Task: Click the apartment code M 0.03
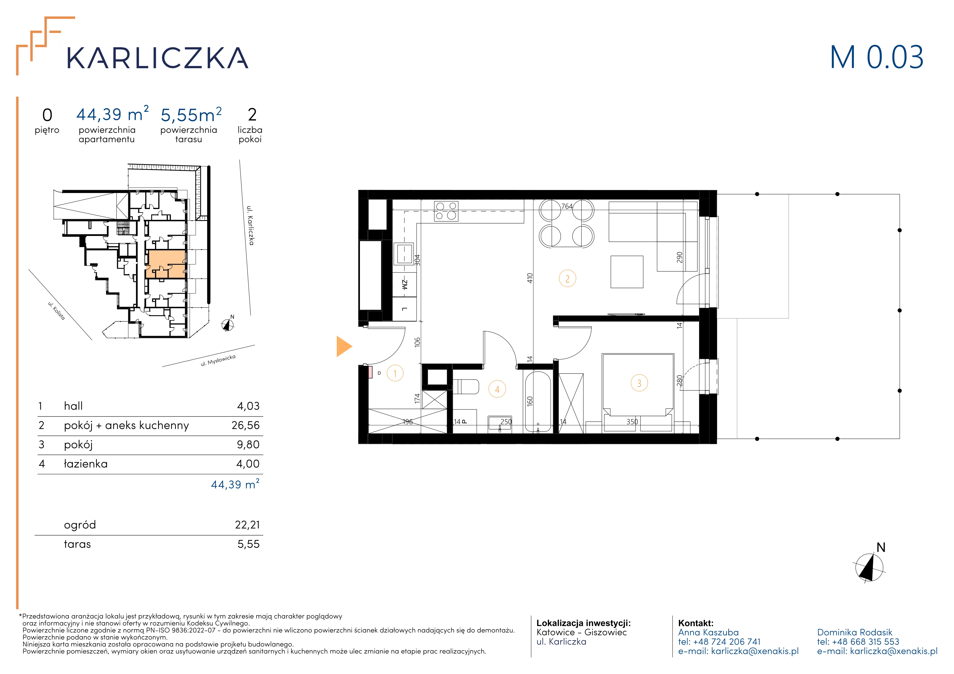[x=877, y=57]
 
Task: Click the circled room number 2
[x=567, y=279]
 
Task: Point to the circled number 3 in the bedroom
[x=639, y=383]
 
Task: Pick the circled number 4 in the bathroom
[x=497, y=389]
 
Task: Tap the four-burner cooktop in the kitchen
[x=446, y=211]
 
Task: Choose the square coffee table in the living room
[x=627, y=272]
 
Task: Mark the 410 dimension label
[x=529, y=278]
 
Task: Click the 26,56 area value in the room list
[x=246, y=425]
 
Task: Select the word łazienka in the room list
[x=86, y=464]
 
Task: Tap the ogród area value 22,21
[x=247, y=525]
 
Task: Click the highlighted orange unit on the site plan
[x=166, y=264]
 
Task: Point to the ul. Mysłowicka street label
[x=218, y=360]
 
